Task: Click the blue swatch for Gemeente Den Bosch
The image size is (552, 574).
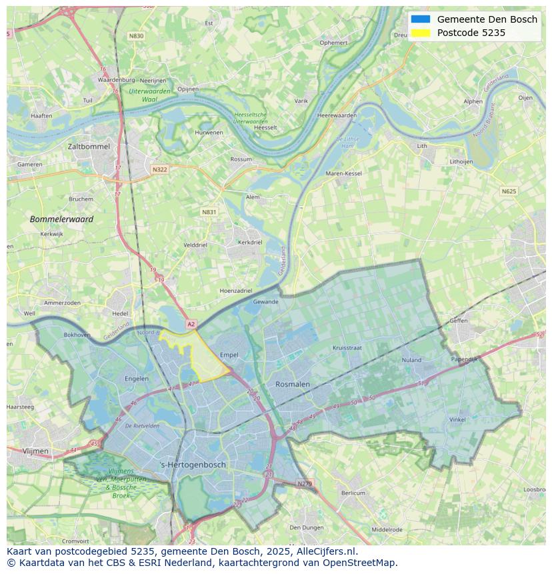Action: (x=421, y=19)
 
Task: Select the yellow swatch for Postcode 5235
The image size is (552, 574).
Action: (x=421, y=33)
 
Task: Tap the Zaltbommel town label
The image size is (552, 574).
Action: (x=89, y=145)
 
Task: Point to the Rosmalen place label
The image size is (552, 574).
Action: (x=293, y=384)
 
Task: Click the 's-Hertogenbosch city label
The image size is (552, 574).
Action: (x=193, y=465)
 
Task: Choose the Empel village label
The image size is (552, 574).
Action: (x=229, y=355)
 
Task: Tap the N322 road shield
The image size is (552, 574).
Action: (x=159, y=169)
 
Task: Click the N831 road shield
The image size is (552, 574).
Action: (x=209, y=212)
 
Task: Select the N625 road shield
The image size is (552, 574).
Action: (x=509, y=191)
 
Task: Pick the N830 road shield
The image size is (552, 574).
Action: (x=136, y=36)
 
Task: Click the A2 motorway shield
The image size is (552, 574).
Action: (x=191, y=324)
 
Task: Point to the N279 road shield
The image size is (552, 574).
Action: (x=304, y=483)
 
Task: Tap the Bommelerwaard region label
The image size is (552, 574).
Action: (x=61, y=219)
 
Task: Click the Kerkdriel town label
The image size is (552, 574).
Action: (x=250, y=242)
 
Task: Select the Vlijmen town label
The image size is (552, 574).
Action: (x=35, y=451)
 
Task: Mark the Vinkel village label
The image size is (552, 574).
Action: (x=457, y=419)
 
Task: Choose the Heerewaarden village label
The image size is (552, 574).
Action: (x=337, y=115)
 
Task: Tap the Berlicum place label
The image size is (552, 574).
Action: (x=353, y=493)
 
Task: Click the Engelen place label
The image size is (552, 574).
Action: (x=137, y=379)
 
